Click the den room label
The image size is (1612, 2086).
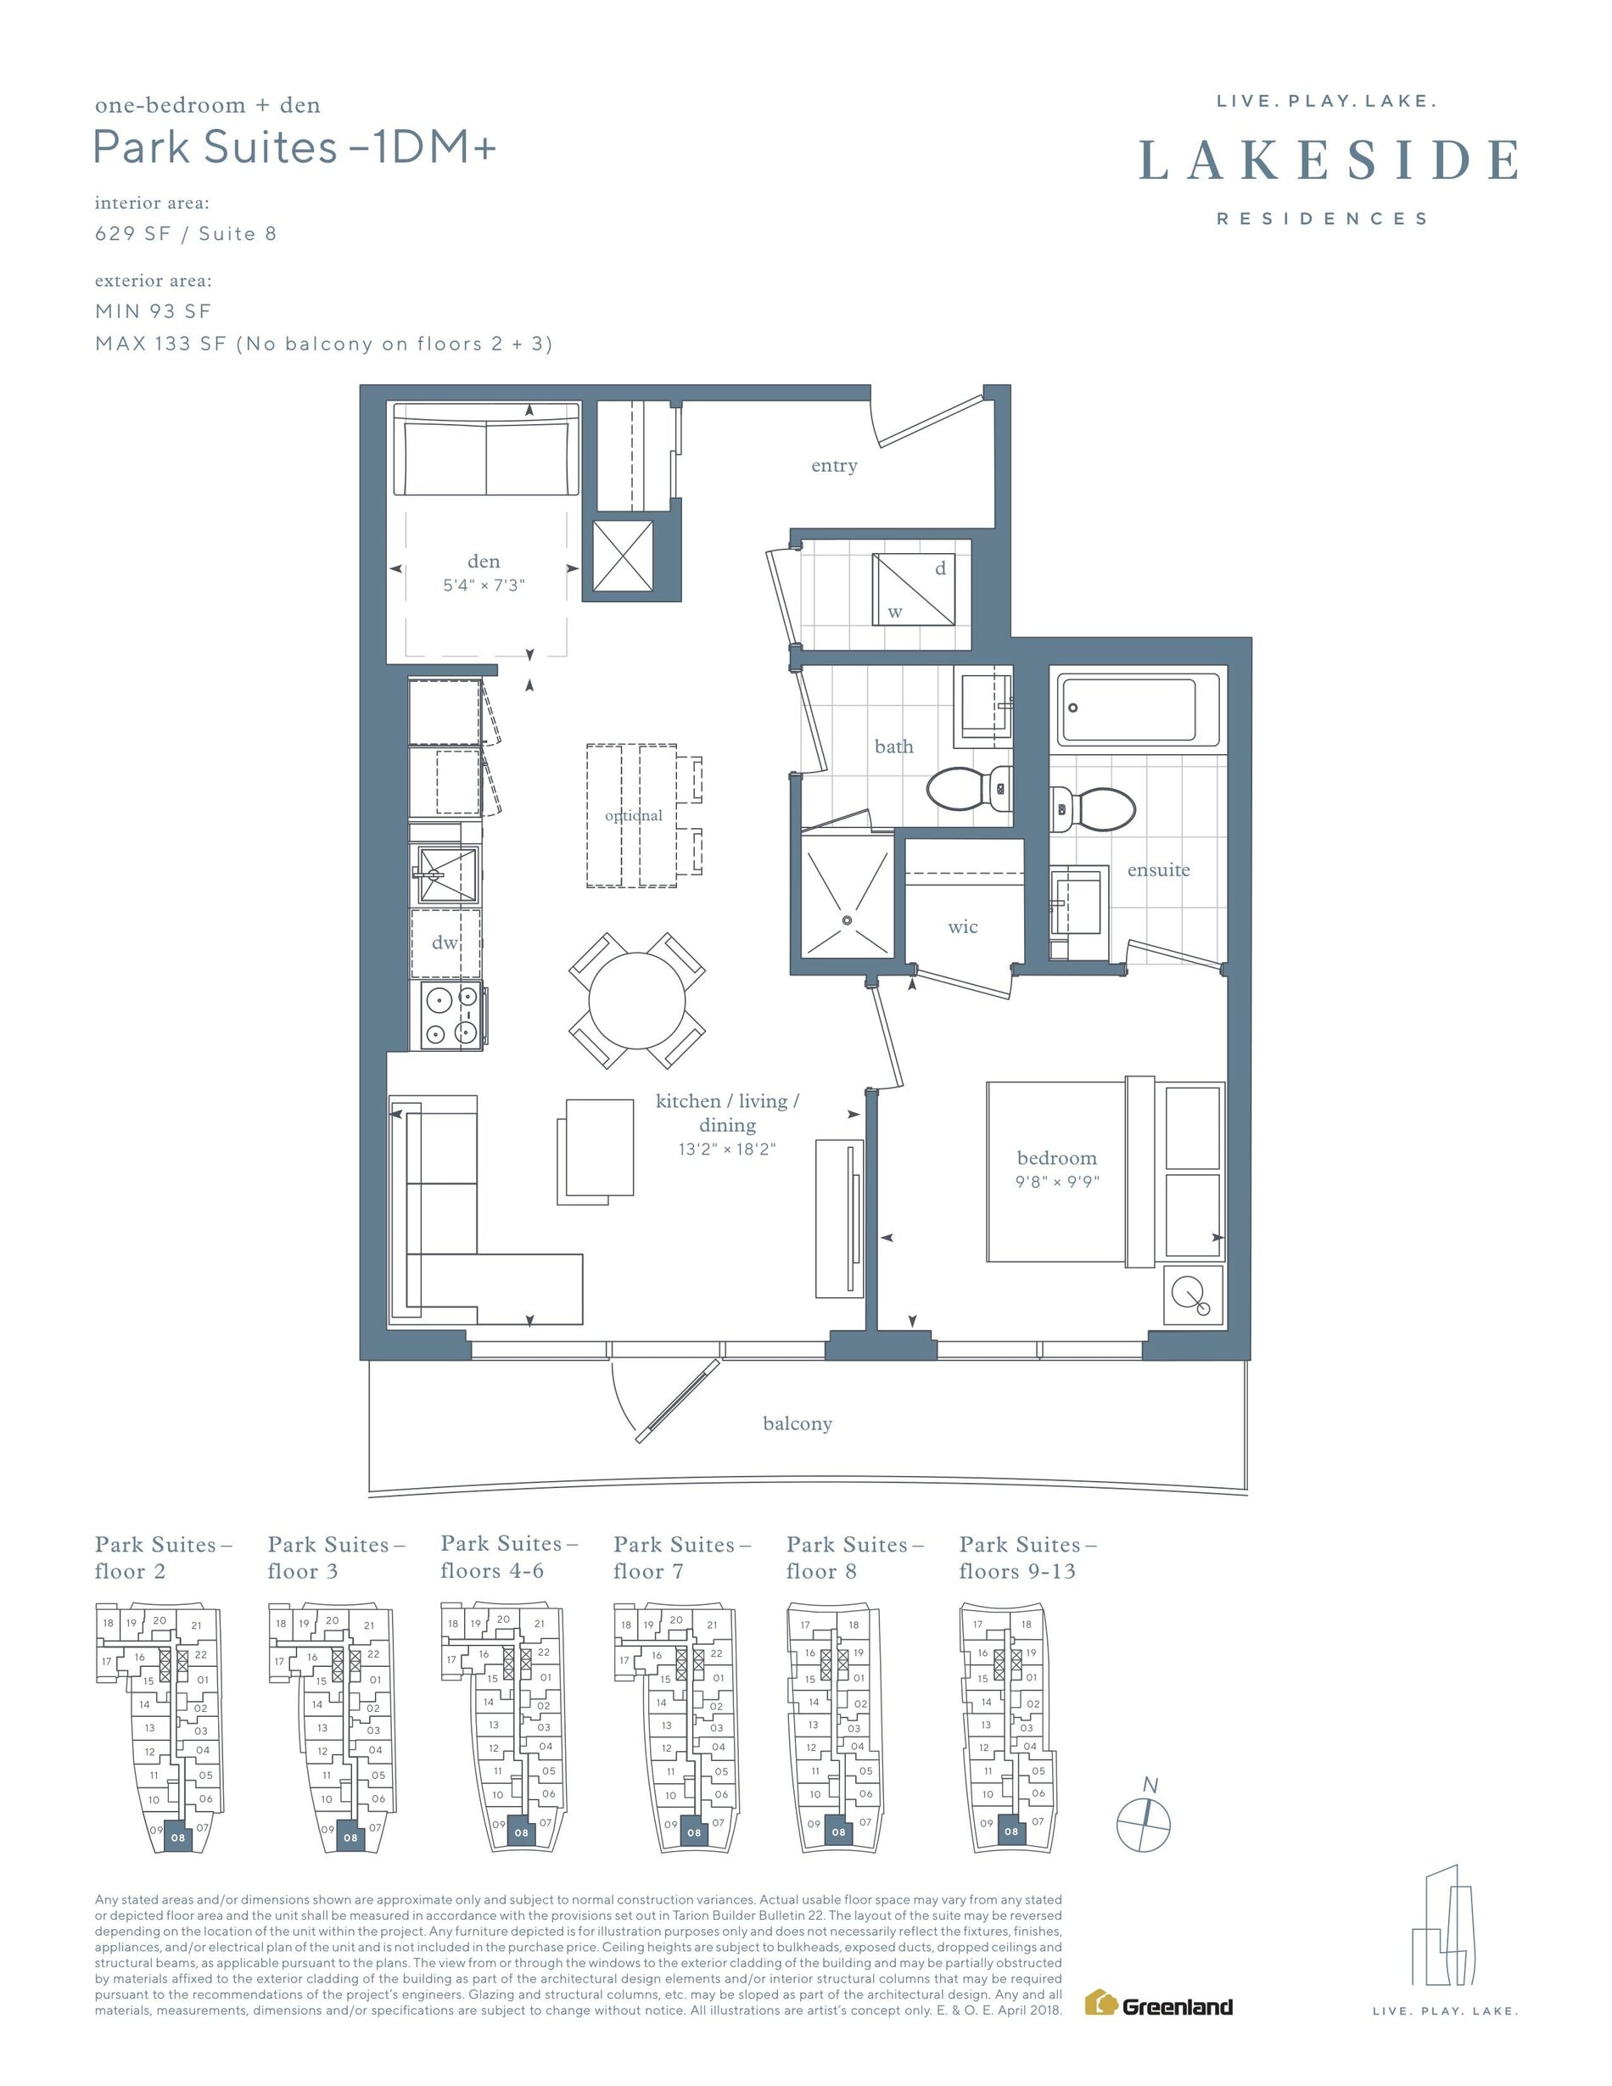coord(484,562)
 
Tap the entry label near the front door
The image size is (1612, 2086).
coord(834,466)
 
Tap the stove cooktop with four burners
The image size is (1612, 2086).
coord(451,1016)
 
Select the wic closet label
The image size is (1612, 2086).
coord(963,926)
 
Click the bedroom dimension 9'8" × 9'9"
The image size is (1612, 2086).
coord(1057,1183)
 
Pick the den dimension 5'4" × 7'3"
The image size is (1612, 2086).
coord(484,585)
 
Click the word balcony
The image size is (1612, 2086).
coord(798,1424)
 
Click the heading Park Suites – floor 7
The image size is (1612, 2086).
coord(682,1557)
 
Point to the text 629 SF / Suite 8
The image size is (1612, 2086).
coord(185,234)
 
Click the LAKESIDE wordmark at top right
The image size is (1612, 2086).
coord(1329,159)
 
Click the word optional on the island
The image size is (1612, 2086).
coord(633,816)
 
